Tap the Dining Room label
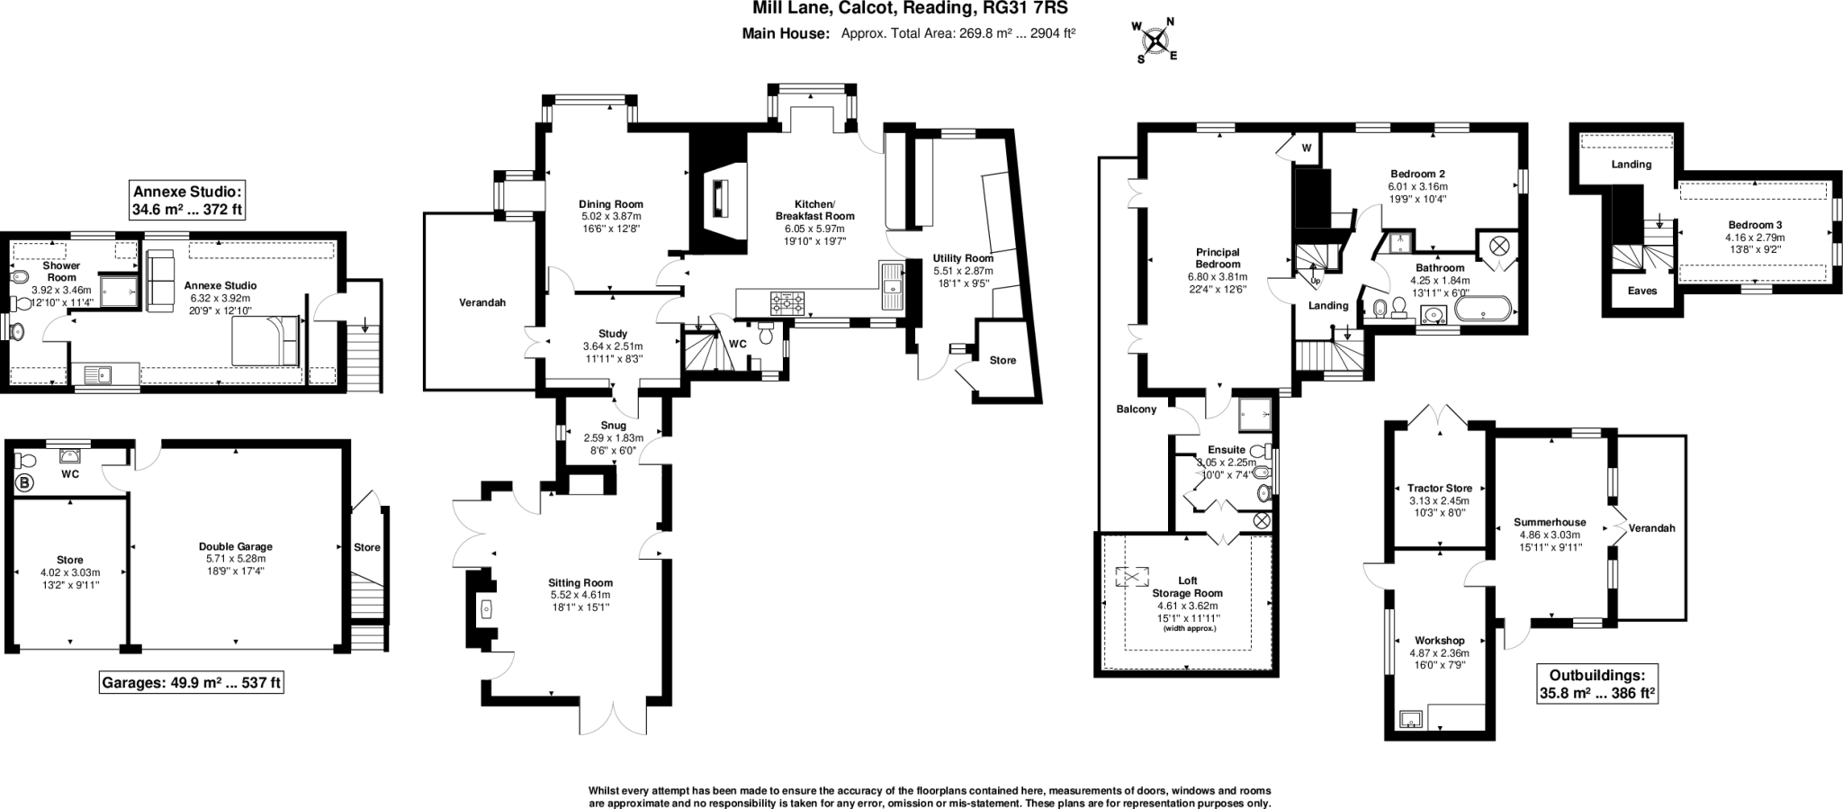[610, 204]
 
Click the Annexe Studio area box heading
[187, 200]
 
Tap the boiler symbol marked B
[24, 483]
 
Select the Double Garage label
[236, 546]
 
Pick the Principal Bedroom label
[1217, 258]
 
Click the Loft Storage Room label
[1187, 587]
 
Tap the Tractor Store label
[1440, 489]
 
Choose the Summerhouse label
[1550, 522]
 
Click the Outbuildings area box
[1596, 684]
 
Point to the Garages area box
[191, 683]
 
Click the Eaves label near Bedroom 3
[1642, 291]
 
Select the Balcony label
[1136, 409]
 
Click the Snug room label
[613, 426]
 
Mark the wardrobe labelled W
[1306, 148]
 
